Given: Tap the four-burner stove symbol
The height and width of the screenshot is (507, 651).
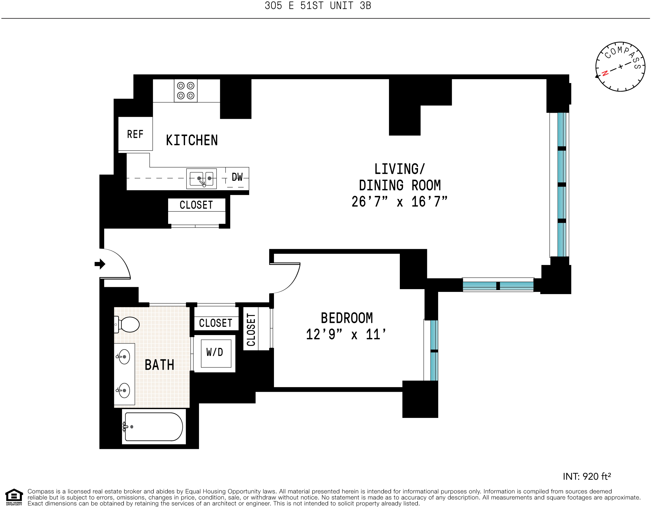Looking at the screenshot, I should coord(186,91).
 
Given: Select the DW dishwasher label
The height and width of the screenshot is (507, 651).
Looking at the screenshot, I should coord(237,177).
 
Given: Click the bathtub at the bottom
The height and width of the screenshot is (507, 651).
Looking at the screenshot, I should coord(154,427).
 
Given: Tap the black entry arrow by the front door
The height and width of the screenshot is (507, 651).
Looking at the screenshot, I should coord(100,264).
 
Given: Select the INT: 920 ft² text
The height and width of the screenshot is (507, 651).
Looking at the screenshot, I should coord(587,476).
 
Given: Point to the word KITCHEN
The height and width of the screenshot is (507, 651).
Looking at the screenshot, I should coord(192,140).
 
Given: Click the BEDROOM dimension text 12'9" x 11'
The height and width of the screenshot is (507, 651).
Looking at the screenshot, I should coord(346,334).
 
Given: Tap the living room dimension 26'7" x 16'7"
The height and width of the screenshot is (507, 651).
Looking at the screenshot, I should coord(399,202).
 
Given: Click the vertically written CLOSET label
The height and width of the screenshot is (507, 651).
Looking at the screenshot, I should coord(251,330).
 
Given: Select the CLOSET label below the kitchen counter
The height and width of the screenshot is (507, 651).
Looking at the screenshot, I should coord(196,205).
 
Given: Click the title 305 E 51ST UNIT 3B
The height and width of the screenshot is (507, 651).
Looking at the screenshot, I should coord(318,6).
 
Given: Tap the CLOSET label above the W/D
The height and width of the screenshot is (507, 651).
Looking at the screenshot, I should coord(216,323).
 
